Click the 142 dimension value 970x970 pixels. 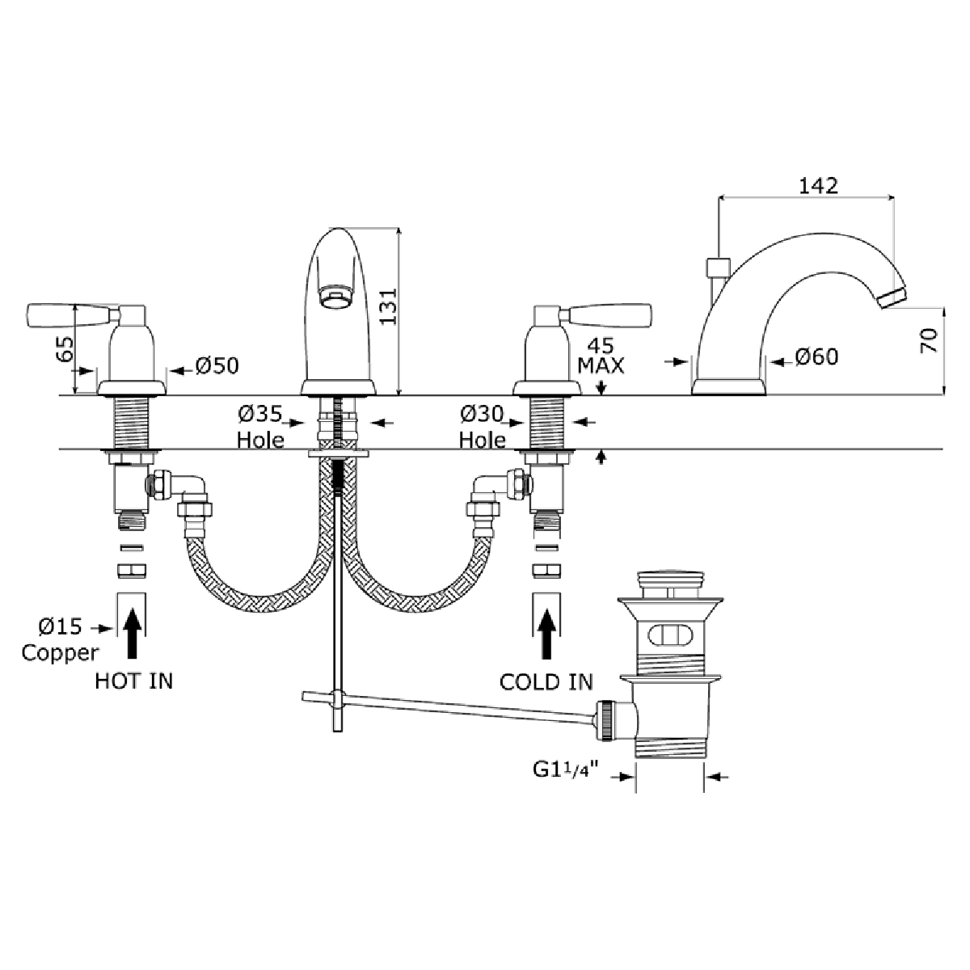819,186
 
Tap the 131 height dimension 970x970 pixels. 388,306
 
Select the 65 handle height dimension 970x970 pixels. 65,349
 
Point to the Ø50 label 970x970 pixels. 217,366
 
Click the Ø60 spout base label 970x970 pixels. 816,357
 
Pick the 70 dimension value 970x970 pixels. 929,341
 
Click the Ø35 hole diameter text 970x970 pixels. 259,415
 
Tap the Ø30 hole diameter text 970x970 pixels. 482,415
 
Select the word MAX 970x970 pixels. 601,365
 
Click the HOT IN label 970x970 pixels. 134,681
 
